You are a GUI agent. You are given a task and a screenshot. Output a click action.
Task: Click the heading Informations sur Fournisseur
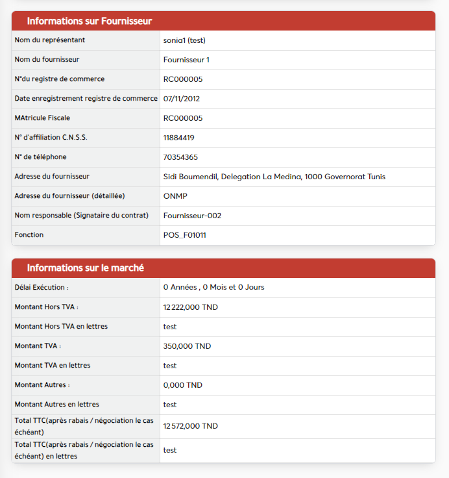coord(90,21)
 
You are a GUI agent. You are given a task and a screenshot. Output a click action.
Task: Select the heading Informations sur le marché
coord(85,268)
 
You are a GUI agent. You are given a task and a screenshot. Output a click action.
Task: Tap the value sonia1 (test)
coord(184,40)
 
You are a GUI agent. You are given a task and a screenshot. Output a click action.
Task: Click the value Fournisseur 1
coord(186,60)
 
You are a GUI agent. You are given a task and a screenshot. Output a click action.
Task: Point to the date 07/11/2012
coord(182,99)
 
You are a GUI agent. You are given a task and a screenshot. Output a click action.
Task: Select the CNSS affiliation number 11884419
coord(179,138)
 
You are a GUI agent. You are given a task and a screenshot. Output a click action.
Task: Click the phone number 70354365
coord(180,157)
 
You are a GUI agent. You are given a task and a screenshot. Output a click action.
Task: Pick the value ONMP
coord(175,196)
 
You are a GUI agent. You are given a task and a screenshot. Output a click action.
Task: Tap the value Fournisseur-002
coord(193,216)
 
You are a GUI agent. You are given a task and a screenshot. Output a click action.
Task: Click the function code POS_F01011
coord(185,235)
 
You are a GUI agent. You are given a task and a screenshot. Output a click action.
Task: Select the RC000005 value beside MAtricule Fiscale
coord(183,118)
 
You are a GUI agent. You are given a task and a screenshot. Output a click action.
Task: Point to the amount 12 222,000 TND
coord(191,307)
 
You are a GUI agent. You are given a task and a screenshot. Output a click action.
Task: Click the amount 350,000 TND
coord(187,346)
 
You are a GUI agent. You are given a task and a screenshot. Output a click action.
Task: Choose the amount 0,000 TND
coord(183,385)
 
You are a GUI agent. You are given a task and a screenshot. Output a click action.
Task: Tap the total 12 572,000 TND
coord(191,426)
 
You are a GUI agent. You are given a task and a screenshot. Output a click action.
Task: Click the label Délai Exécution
coord(42,287)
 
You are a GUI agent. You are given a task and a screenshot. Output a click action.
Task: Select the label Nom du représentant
coord(50,40)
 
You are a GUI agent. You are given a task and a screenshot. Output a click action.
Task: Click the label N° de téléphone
coord(40,157)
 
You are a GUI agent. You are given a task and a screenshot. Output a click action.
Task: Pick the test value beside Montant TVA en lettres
coord(170,366)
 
